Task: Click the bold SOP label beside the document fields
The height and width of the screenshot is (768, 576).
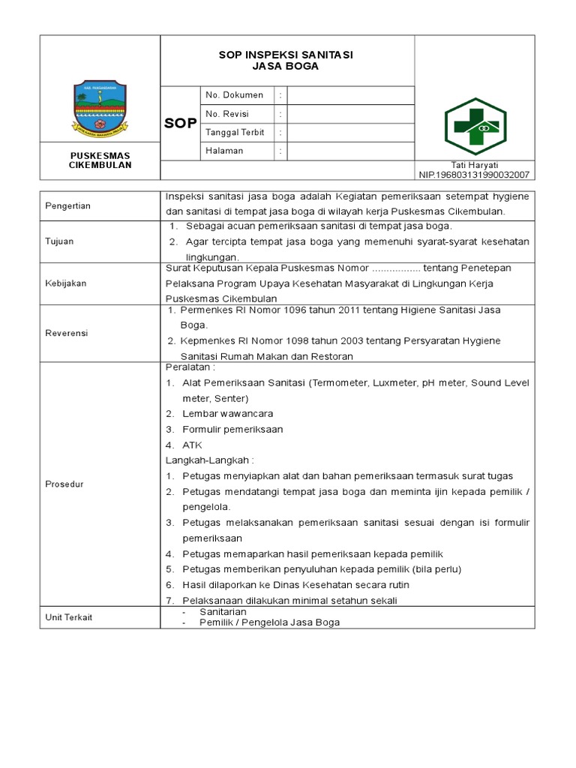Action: click(181, 123)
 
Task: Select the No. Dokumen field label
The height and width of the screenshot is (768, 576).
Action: click(235, 95)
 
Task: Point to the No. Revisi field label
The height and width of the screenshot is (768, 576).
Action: click(227, 114)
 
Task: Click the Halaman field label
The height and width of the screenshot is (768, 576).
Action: click(225, 151)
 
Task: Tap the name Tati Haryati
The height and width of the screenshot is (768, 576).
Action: click(475, 165)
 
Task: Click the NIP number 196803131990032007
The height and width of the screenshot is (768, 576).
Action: click(475, 175)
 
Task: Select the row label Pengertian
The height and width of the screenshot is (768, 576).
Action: click(67, 206)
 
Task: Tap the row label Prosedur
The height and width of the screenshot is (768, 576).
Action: click(64, 484)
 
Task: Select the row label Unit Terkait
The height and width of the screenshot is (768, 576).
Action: click(69, 617)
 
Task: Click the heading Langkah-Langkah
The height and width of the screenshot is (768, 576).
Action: click(210, 460)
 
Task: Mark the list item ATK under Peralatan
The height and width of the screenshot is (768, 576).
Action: click(192, 445)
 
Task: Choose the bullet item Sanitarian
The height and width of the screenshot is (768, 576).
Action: click(223, 612)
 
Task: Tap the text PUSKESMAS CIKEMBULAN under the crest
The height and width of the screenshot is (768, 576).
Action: click(100, 160)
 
